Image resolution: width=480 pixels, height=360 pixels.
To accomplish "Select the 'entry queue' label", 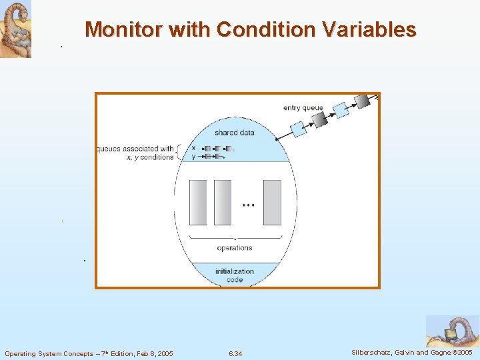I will click(x=303, y=108).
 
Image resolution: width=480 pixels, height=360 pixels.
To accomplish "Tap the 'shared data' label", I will click(x=234, y=133).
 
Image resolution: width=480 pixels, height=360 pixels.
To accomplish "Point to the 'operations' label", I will click(x=235, y=248).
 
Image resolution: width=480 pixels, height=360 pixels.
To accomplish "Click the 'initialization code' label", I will click(x=235, y=275).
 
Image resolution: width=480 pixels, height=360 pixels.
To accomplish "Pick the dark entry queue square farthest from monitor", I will click(x=363, y=101).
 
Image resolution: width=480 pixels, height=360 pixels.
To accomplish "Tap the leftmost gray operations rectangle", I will click(x=198, y=202).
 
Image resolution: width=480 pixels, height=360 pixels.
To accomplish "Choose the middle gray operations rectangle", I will click(x=222, y=202).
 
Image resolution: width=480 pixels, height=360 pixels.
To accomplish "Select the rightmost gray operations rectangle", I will click(x=272, y=202).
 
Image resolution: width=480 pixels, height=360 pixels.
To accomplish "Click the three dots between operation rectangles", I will click(x=248, y=206).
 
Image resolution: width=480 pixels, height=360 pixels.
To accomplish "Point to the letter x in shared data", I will click(x=193, y=148).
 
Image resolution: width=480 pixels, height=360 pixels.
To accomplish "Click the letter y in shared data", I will click(x=193, y=157).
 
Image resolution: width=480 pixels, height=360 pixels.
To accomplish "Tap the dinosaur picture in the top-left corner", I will click(x=15, y=29).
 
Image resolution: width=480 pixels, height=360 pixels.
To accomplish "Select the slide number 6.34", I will click(x=235, y=353).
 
